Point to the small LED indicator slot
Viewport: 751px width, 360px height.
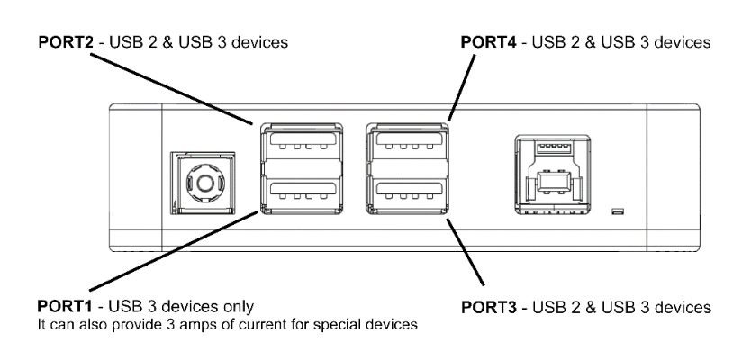[617, 211]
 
